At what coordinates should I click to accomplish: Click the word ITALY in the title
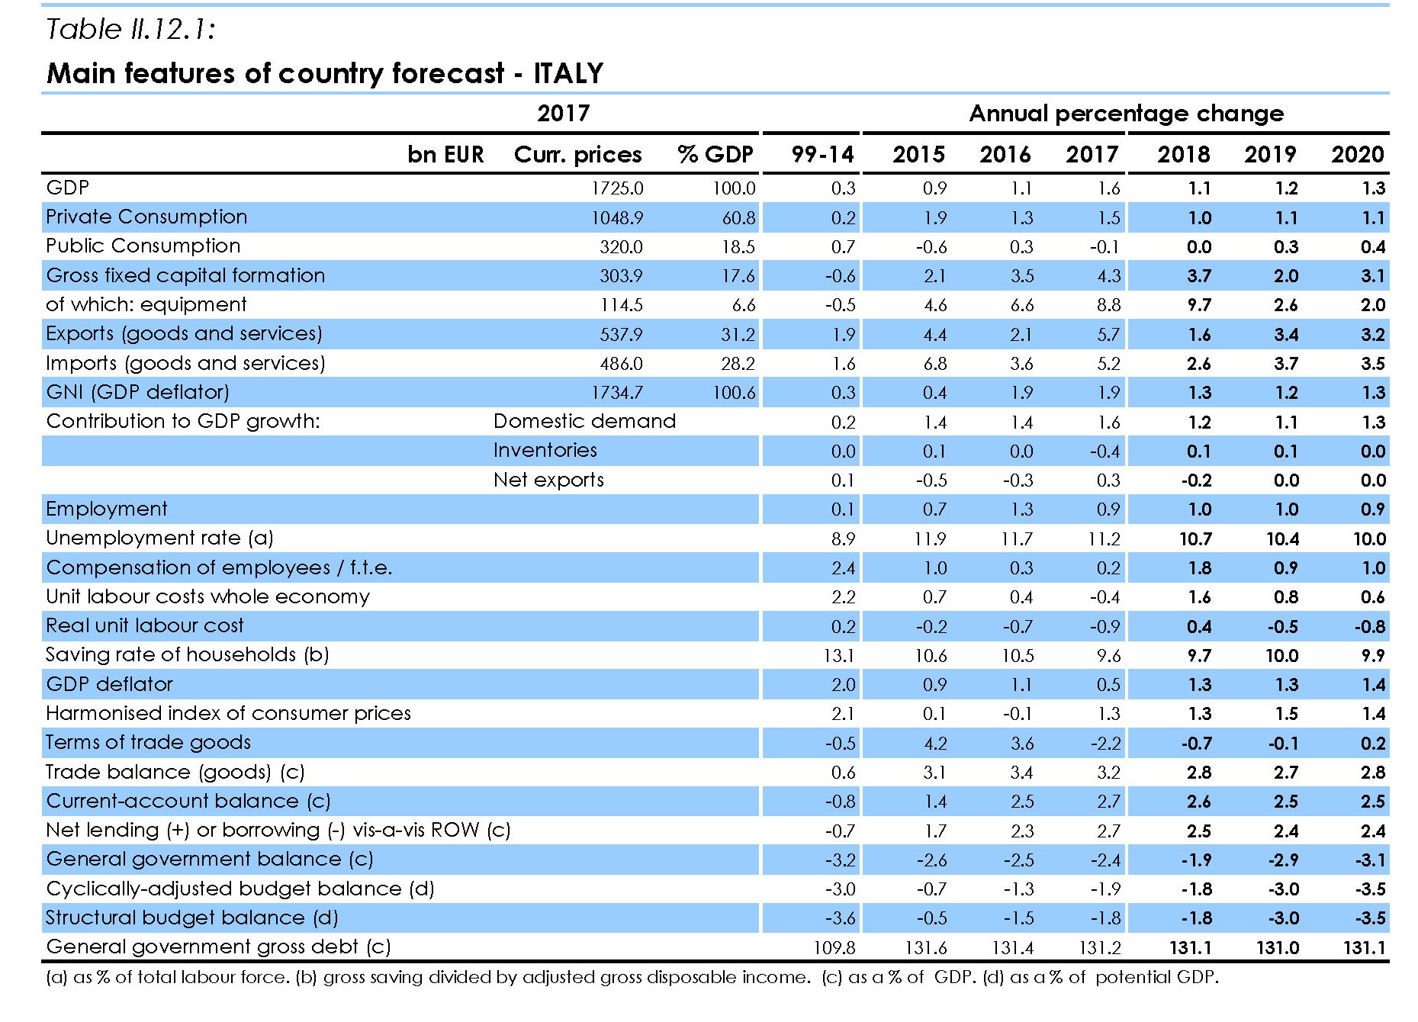pos(568,73)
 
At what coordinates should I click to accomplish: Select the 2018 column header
pos(1183,155)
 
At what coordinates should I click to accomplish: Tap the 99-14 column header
pos(822,155)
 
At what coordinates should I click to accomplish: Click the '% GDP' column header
pos(715,155)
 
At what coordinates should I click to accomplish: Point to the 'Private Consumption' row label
pos(146,217)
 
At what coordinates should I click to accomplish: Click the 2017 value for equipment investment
pos(1108,305)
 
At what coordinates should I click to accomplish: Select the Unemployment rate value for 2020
pos(1369,539)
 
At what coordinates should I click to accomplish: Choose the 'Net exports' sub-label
pos(548,480)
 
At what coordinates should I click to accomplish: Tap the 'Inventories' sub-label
pos(545,451)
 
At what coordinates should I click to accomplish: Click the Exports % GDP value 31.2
pos(738,335)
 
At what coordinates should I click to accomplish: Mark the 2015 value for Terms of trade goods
pos(934,744)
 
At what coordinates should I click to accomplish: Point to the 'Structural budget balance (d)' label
pos(191,918)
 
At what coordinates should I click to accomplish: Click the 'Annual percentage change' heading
pos(1126,114)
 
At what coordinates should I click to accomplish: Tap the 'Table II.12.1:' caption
pos(130,30)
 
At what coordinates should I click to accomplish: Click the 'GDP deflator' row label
pos(109,685)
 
